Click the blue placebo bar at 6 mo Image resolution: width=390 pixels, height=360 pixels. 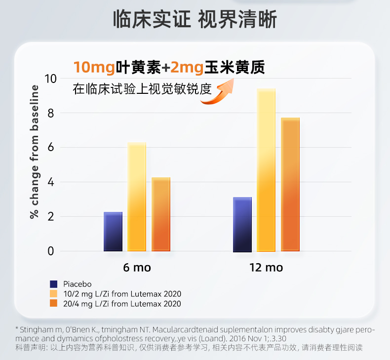point(113,232)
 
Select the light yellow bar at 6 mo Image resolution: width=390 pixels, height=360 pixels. point(137,197)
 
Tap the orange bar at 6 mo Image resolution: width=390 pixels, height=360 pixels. point(161,214)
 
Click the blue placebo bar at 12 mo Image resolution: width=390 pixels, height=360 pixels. point(242,224)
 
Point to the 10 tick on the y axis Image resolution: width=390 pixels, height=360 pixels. point(51,79)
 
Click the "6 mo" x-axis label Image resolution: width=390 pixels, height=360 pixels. point(137,268)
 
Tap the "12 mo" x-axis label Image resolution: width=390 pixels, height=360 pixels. point(266,268)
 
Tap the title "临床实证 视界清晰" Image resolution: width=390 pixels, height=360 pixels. point(195,20)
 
